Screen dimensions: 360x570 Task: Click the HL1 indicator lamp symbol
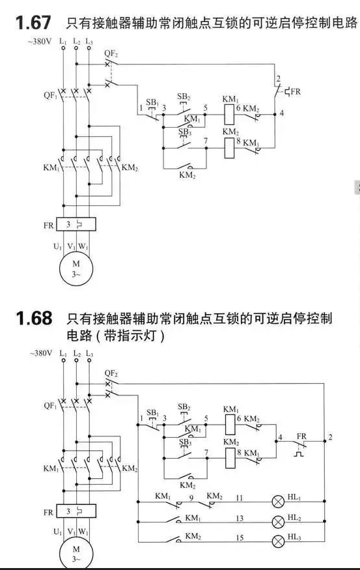pyautogui.click(x=278, y=502)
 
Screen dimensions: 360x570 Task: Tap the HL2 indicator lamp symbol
pyautogui.click(x=278, y=522)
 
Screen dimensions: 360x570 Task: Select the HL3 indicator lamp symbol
pyautogui.click(x=278, y=541)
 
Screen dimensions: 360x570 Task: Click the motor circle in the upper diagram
pyautogui.click(x=76, y=268)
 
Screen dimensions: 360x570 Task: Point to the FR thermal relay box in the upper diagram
pyautogui.click(x=76, y=225)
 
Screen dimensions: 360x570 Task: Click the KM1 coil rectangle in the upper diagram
pyautogui.click(x=229, y=114)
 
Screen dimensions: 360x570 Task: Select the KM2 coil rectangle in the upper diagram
pyautogui.click(x=229, y=149)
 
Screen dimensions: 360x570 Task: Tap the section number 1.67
pyautogui.click(x=33, y=23)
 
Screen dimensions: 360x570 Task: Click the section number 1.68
pyautogui.click(x=34, y=318)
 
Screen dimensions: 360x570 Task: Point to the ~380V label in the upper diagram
pyautogui.click(x=40, y=42)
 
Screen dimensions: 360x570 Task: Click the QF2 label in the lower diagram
pyautogui.click(x=111, y=373)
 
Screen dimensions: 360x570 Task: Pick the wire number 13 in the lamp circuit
pyautogui.click(x=240, y=519)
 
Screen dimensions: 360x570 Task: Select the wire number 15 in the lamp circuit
pyautogui.click(x=240, y=537)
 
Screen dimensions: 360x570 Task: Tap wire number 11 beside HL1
pyautogui.click(x=239, y=498)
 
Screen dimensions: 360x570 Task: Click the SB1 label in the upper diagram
pyautogui.click(x=152, y=102)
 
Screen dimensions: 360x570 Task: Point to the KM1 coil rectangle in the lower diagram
pyautogui.click(x=230, y=425)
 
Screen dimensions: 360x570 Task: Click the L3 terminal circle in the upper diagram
pyautogui.click(x=89, y=48)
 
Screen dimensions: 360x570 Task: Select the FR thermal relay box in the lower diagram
pyautogui.click(x=76, y=511)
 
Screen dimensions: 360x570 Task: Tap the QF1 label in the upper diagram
pyautogui.click(x=51, y=96)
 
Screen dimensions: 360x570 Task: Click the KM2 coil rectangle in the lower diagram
pyautogui.click(x=230, y=458)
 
